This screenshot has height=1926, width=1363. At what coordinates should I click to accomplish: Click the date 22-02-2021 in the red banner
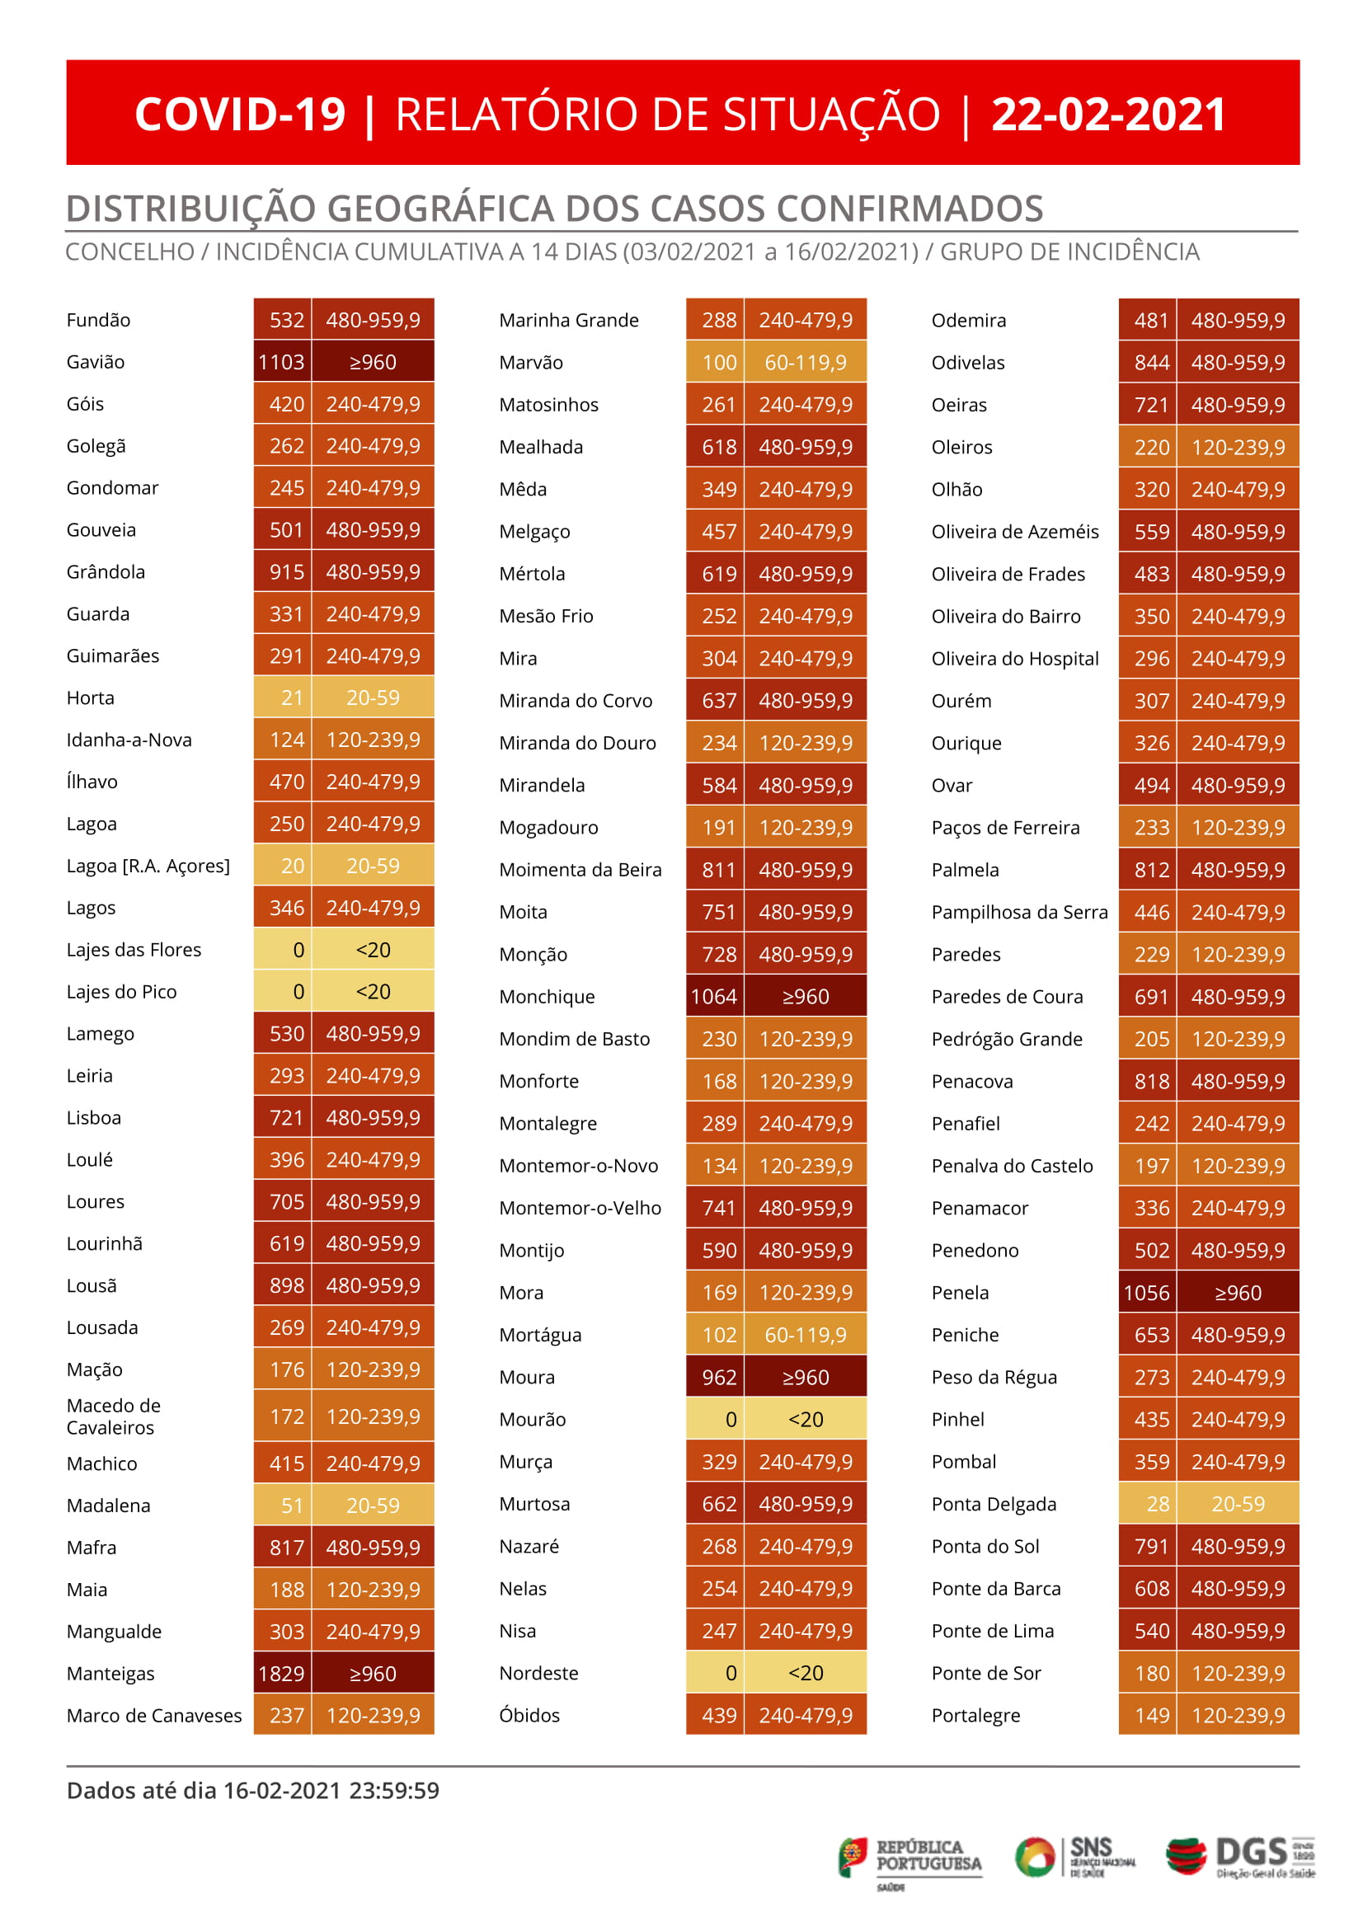(x=1108, y=114)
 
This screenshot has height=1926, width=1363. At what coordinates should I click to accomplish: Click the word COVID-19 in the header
(x=240, y=114)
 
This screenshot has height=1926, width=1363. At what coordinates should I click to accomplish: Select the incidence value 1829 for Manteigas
(x=281, y=1674)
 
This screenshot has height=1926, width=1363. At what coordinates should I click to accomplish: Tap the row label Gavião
(x=96, y=362)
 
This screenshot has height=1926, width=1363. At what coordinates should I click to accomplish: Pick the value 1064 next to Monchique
(x=713, y=996)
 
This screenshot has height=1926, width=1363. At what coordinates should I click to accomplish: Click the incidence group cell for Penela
(x=1237, y=1293)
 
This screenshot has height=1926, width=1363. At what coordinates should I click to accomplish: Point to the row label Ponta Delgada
(x=993, y=1504)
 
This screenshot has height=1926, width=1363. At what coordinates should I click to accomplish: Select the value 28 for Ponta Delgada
(x=1158, y=1504)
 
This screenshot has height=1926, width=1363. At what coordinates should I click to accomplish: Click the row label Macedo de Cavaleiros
(x=113, y=1416)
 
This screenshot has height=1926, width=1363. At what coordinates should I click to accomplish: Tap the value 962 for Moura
(x=718, y=1377)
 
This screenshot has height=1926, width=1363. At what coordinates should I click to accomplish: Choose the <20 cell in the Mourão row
(x=805, y=1419)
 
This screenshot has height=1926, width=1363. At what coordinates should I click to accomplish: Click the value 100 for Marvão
(x=718, y=363)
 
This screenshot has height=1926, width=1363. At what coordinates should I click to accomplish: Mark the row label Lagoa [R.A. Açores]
(x=148, y=865)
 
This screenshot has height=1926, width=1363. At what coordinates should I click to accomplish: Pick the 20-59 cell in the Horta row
(x=373, y=698)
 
